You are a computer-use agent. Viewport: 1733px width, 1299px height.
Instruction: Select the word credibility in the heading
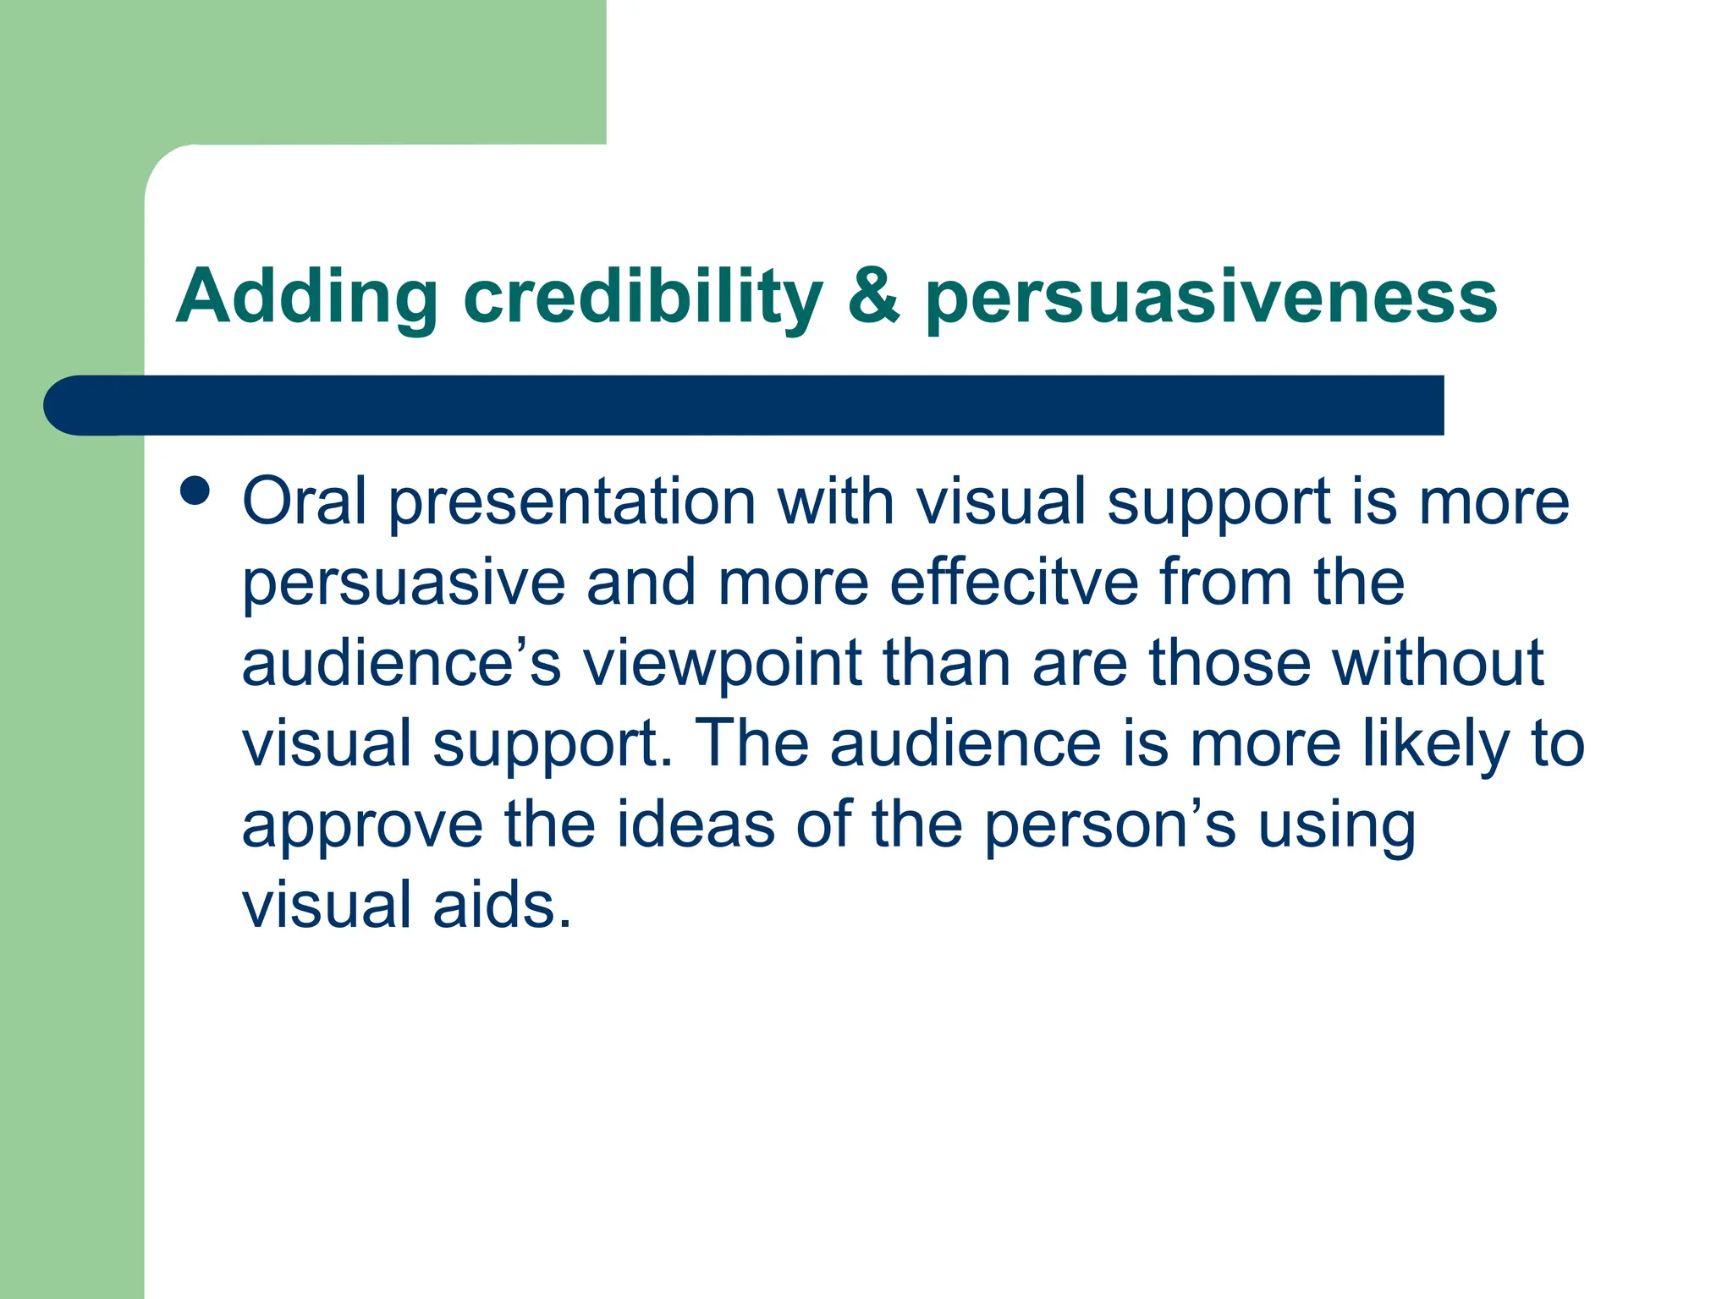pyautogui.click(x=642, y=298)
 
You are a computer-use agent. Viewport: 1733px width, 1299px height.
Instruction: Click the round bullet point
pyautogui.click(x=195, y=491)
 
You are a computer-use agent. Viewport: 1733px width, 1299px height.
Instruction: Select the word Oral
pyautogui.click(x=305, y=502)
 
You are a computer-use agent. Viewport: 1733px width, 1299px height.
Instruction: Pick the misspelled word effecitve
pyautogui.click(x=1014, y=582)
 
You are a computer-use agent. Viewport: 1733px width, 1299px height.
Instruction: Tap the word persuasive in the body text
pyautogui.click(x=404, y=584)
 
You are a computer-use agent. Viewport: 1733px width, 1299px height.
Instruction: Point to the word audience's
pyautogui.click(x=401, y=663)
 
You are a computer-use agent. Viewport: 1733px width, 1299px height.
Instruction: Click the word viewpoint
pyautogui.click(x=722, y=665)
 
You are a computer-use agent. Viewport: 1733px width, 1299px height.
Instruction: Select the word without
pyautogui.click(x=1439, y=663)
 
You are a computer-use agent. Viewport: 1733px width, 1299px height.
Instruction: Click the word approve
pyautogui.click(x=362, y=827)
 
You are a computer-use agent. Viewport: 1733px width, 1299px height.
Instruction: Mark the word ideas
pyautogui.click(x=695, y=825)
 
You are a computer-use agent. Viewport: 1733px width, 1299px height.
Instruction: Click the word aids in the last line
pyautogui.click(x=503, y=905)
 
